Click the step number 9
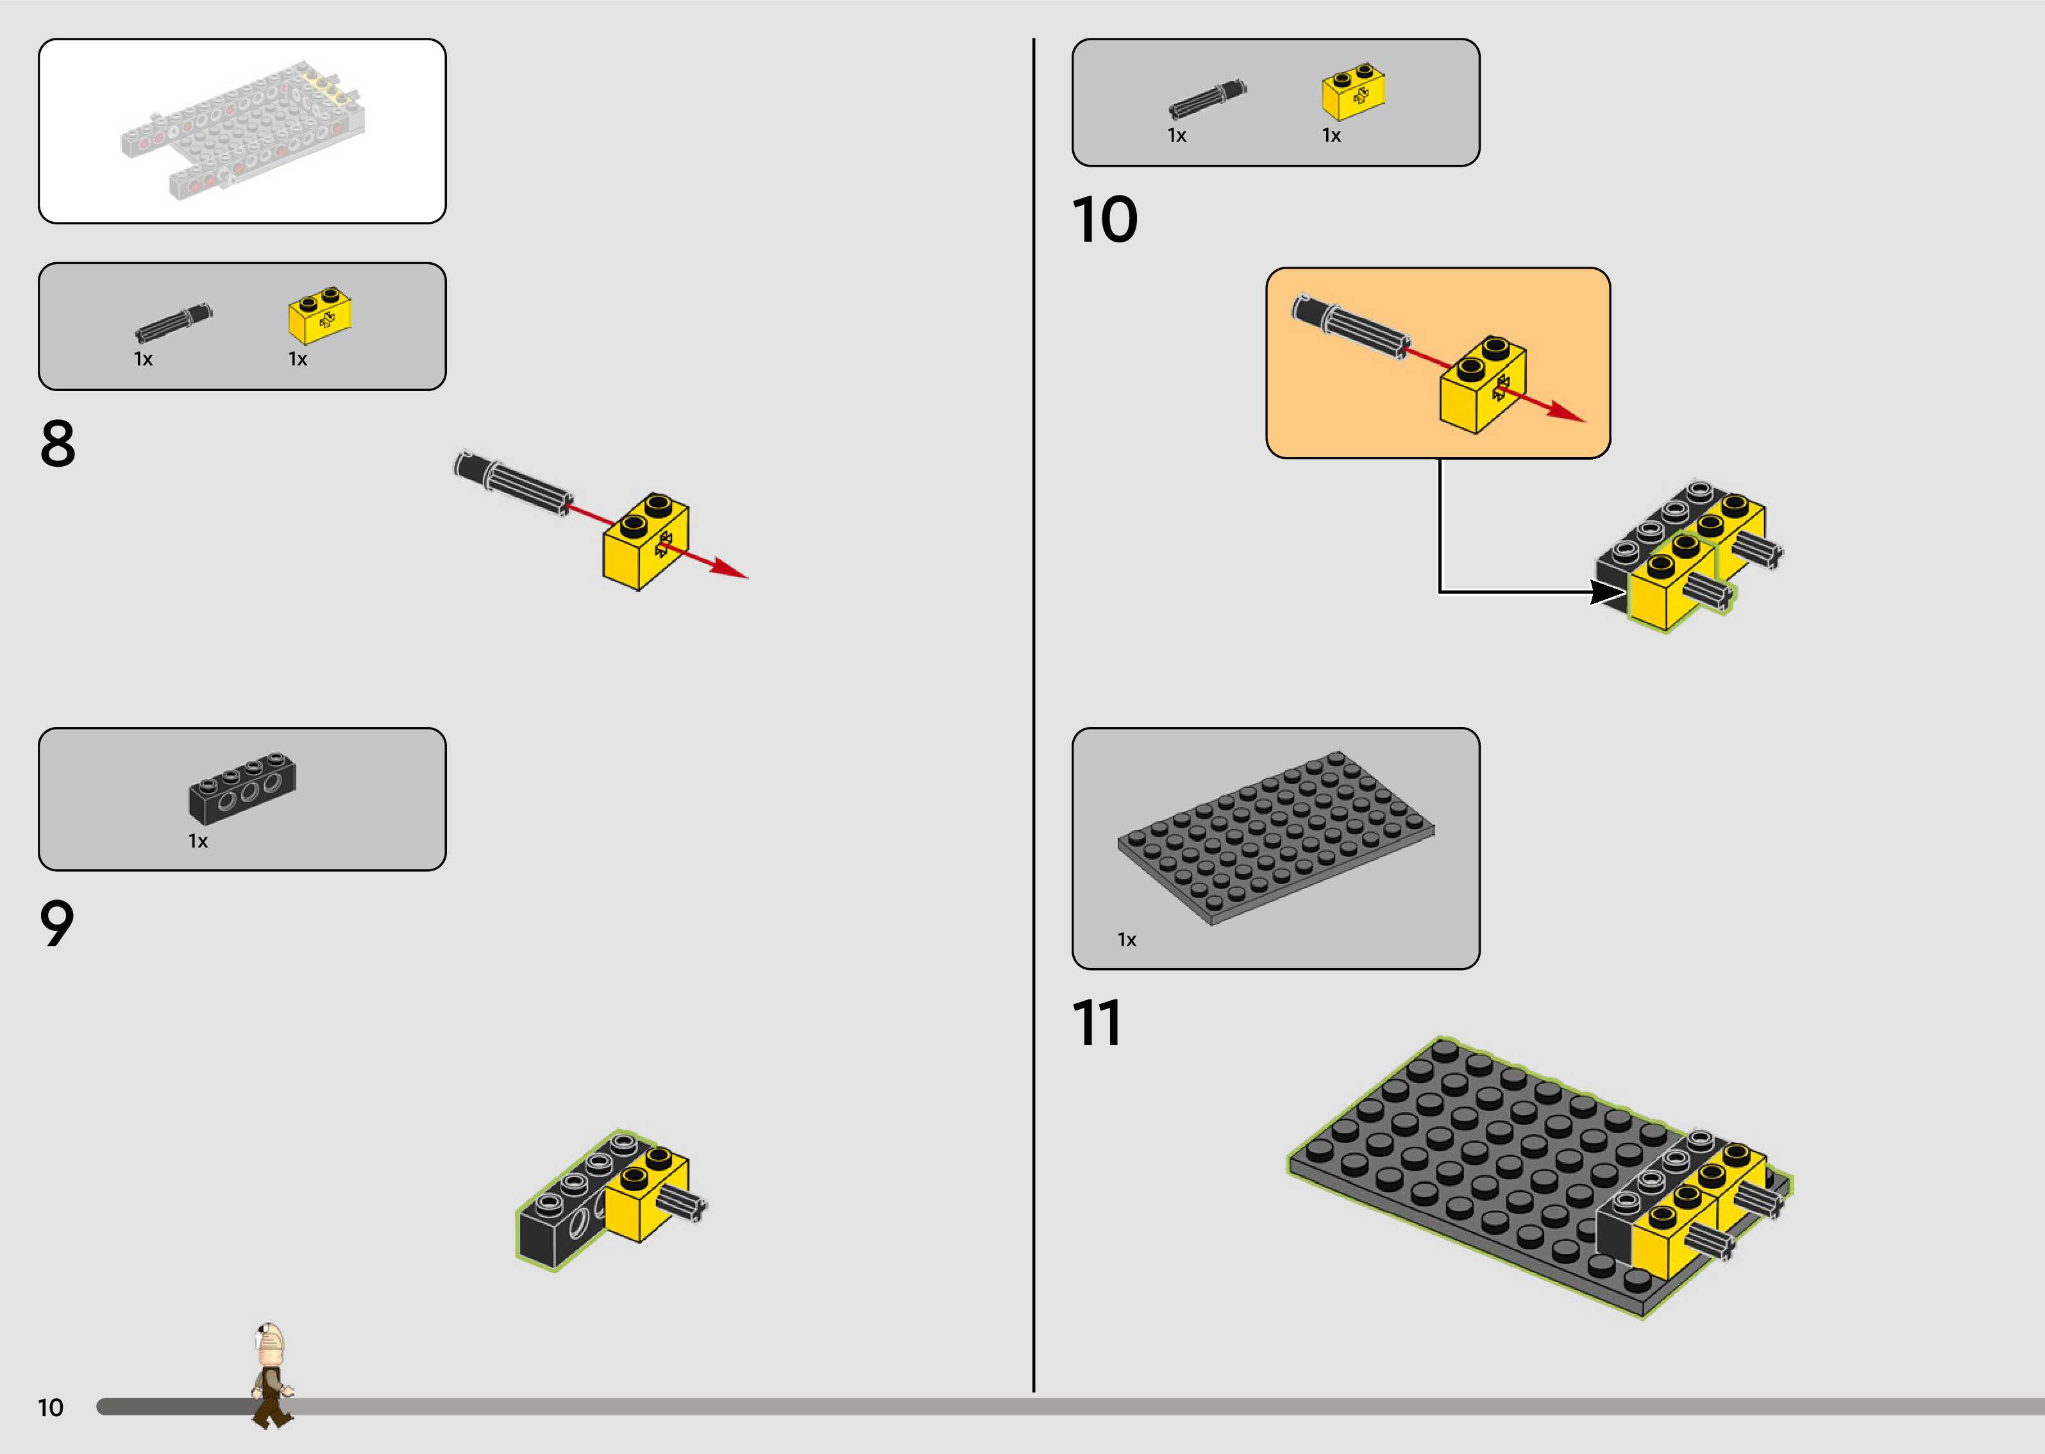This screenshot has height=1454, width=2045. pyautogui.click(x=56, y=923)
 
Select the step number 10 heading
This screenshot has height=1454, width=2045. pyautogui.click(x=1104, y=219)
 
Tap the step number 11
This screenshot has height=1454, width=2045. pyautogui.click(x=1096, y=1023)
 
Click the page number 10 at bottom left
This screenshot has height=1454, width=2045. pyautogui.click(x=50, y=1407)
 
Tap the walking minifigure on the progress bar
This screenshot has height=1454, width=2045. pyautogui.click(x=271, y=1375)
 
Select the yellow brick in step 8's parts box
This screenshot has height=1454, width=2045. pyautogui.click(x=319, y=315)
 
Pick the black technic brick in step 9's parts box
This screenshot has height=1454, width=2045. pyautogui.click(x=242, y=788)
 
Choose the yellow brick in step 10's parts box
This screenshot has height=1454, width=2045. pyautogui.click(x=1354, y=91)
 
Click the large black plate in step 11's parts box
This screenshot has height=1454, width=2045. pyautogui.click(x=1276, y=837)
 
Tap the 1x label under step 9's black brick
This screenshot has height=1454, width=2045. pyautogui.click(x=198, y=840)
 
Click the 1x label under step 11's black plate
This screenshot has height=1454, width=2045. pyautogui.click(x=1126, y=939)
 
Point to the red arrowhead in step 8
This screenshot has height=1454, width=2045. pyautogui.click(x=730, y=569)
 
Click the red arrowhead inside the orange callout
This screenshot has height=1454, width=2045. pyautogui.click(x=1567, y=411)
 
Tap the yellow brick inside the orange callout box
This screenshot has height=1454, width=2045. pyautogui.click(x=1483, y=385)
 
